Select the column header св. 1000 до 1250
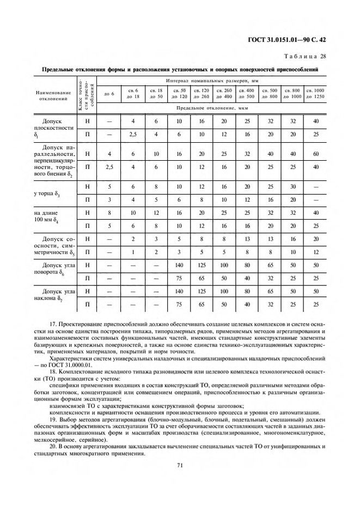click(x=315, y=93)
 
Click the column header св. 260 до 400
click(x=224, y=93)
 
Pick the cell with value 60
click(x=315, y=154)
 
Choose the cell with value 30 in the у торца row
click(x=292, y=187)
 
